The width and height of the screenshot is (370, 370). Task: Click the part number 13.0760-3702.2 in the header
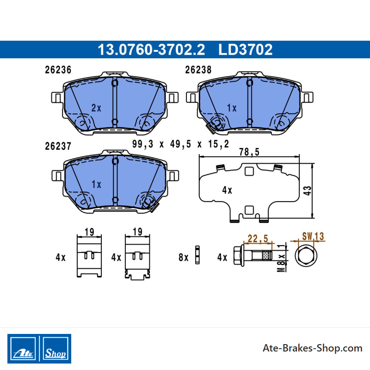pos(151,49)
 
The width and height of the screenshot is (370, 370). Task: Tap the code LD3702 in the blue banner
pos(246,49)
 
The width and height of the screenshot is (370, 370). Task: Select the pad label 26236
pos(58,70)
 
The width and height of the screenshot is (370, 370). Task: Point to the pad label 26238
pos(198,70)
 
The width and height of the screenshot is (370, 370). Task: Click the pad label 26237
pos(58,146)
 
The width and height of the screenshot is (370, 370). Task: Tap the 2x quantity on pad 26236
pos(96,108)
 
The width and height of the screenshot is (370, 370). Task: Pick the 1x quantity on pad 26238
pos(232,108)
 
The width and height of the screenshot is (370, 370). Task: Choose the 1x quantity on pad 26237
pos(96,184)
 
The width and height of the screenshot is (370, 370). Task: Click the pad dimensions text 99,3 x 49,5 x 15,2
pos(180,144)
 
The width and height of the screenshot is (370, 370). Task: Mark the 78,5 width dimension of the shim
pos(249,152)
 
